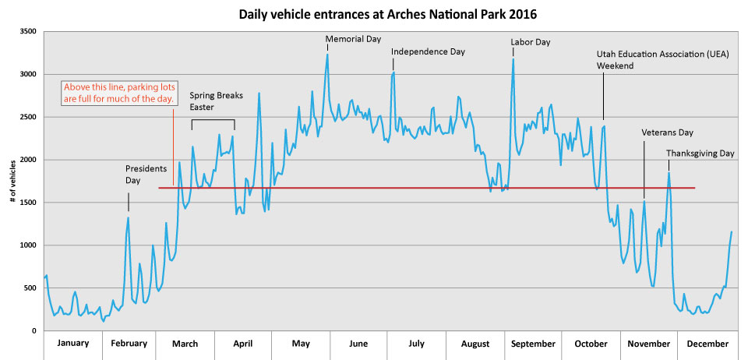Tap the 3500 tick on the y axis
(x=29, y=31)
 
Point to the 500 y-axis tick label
(x=31, y=288)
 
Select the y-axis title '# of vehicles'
(x=14, y=181)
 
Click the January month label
(x=73, y=343)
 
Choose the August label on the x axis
(x=475, y=343)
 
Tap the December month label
(x=707, y=343)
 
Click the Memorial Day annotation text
(x=353, y=38)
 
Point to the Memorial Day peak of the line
(x=327, y=55)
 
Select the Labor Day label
(x=530, y=42)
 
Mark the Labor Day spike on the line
(x=513, y=59)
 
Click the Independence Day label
(x=428, y=51)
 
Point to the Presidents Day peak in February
(x=129, y=217)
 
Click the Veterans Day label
(x=667, y=132)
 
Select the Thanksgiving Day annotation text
(x=700, y=154)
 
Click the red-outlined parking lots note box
(x=118, y=93)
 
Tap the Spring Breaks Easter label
(x=217, y=101)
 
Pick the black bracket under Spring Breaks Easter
(x=213, y=120)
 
